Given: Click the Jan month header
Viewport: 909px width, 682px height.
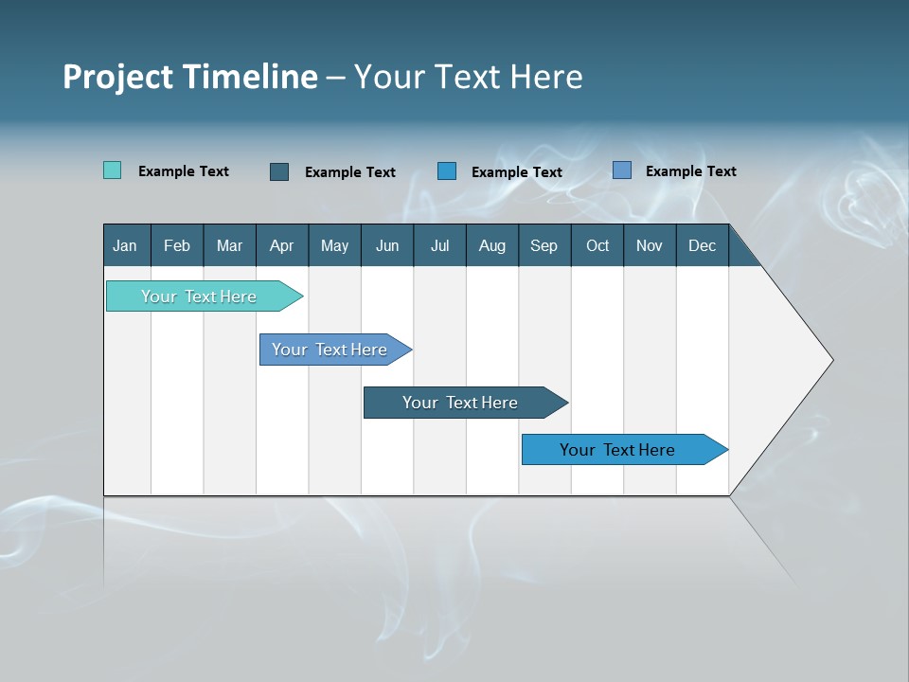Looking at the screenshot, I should (x=126, y=245).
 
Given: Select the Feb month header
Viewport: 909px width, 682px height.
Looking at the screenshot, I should (x=177, y=245).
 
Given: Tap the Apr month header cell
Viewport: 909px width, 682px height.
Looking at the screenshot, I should (x=282, y=245).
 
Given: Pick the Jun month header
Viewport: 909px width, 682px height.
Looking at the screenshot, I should (x=387, y=245).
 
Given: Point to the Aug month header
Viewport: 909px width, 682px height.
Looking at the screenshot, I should (x=492, y=245).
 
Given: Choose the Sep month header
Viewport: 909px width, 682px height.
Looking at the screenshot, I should (x=544, y=245).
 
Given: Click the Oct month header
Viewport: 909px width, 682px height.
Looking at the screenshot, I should (x=597, y=245).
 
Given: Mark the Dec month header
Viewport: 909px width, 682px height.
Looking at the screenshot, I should (x=703, y=245).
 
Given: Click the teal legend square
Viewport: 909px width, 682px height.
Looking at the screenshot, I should (x=113, y=170).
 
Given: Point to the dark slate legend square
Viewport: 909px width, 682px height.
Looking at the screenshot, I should (x=279, y=171).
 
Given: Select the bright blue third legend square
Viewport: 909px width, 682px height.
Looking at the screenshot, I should (x=447, y=171).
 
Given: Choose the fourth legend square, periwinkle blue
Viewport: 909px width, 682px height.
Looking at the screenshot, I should (x=622, y=170).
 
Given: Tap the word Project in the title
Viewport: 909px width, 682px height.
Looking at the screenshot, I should (x=116, y=77).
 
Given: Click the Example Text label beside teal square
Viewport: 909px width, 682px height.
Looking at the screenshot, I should (x=184, y=171).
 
